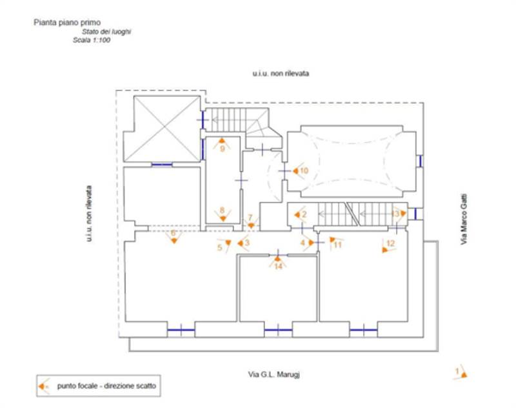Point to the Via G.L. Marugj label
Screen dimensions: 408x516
tap(275, 374)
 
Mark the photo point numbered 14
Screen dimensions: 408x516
tap(278, 261)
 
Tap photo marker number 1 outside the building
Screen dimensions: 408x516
tap(461, 372)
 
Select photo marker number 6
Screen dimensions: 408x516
tap(173, 237)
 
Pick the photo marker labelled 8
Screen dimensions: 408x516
tap(222, 214)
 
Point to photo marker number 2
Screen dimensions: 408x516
tap(300, 214)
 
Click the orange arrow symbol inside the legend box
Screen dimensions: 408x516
tap(45, 386)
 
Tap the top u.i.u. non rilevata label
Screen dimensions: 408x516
tap(281, 74)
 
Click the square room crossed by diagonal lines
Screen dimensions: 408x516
tap(162, 129)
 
